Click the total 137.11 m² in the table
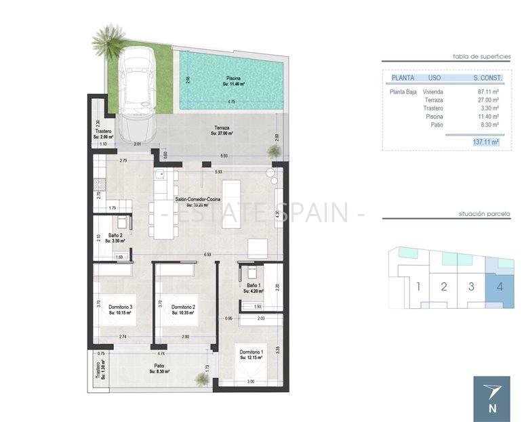[x=485, y=142]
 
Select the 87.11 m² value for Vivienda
[x=488, y=91]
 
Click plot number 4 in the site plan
[x=500, y=286]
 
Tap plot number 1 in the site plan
[x=418, y=286]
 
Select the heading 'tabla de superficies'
[x=481, y=57]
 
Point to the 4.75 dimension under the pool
[x=232, y=102]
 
